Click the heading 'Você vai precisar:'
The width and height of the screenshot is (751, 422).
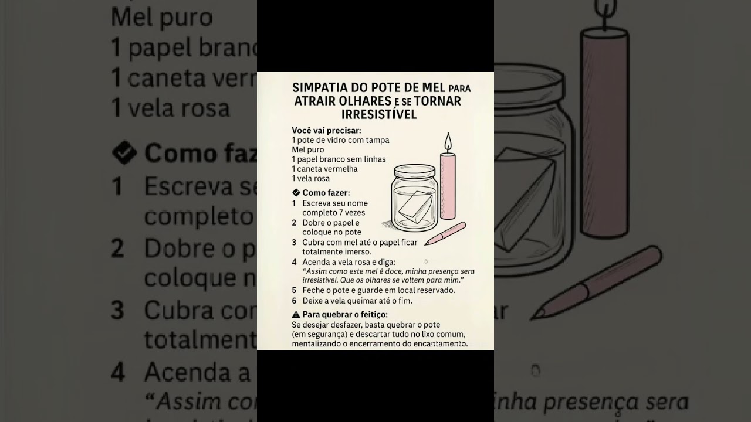click(326, 130)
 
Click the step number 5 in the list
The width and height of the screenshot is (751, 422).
click(294, 290)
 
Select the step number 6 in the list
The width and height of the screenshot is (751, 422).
click(294, 301)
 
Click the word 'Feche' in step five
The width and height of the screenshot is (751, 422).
click(312, 290)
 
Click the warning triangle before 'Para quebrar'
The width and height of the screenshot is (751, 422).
click(296, 315)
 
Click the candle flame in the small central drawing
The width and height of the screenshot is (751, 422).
click(448, 142)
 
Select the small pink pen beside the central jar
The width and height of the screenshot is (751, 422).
click(445, 233)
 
